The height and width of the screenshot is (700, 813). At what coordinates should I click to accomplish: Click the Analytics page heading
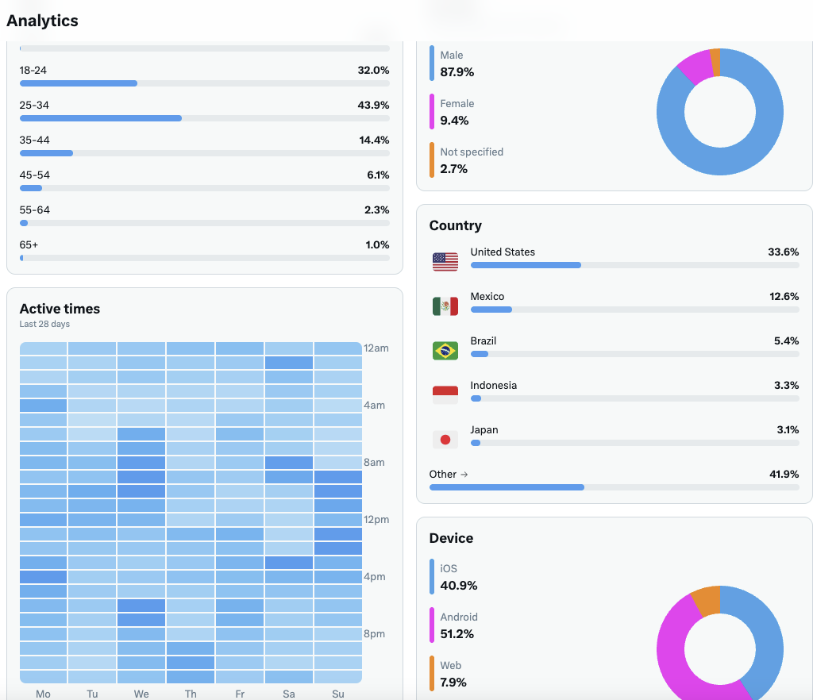click(42, 21)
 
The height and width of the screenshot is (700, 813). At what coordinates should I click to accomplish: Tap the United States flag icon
click(445, 262)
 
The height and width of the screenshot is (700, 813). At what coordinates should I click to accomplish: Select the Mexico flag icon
click(445, 306)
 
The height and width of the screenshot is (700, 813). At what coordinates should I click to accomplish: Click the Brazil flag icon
click(445, 351)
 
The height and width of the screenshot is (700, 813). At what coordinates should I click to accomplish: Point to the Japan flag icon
click(445, 440)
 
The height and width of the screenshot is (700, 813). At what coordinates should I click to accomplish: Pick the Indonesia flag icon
click(445, 395)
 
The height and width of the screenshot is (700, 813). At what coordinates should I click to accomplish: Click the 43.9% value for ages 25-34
click(373, 105)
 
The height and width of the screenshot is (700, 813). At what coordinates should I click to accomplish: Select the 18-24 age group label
click(33, 70)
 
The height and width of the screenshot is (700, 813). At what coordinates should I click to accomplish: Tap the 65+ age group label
click(29, 244)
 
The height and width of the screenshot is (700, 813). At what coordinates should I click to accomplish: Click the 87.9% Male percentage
click(457, 72)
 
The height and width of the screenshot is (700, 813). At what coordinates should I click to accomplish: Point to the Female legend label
click(457, 103)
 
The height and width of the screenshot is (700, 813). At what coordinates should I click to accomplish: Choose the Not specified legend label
click(472, 152)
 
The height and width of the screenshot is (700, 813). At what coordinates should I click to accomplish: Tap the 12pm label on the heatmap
click(376, 519)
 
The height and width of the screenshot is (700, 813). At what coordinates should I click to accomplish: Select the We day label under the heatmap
click(141, 694)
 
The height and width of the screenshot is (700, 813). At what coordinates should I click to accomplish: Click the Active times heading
click(60, 309)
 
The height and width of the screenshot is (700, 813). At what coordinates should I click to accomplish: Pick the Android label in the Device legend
click(459, 617)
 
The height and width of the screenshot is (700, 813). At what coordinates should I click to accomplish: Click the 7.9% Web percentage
click(453, 683)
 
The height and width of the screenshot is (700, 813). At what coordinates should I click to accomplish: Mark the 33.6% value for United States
click(783, 252)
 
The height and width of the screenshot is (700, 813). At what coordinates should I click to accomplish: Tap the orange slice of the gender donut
click(715, 63)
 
